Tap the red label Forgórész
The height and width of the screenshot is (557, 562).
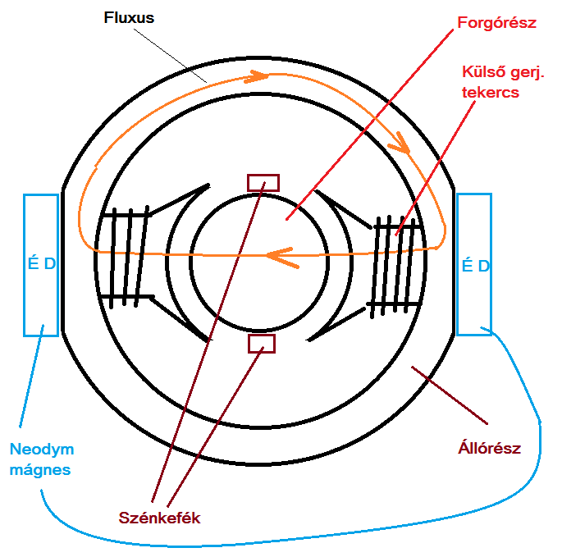click(498, 23)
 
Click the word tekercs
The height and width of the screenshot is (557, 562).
click(490, 92)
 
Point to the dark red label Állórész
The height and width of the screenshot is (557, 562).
click(489, 449)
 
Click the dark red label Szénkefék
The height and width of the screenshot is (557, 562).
click(159, 518)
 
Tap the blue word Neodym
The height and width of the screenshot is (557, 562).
click(42, 450)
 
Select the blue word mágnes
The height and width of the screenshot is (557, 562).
click(41, 470)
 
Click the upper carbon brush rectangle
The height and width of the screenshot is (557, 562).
click(263, 182)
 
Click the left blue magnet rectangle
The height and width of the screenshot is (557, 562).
click(41, 264)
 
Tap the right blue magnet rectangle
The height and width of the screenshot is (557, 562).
click(473, 264)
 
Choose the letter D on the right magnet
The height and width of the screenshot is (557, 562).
click(483, 266)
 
